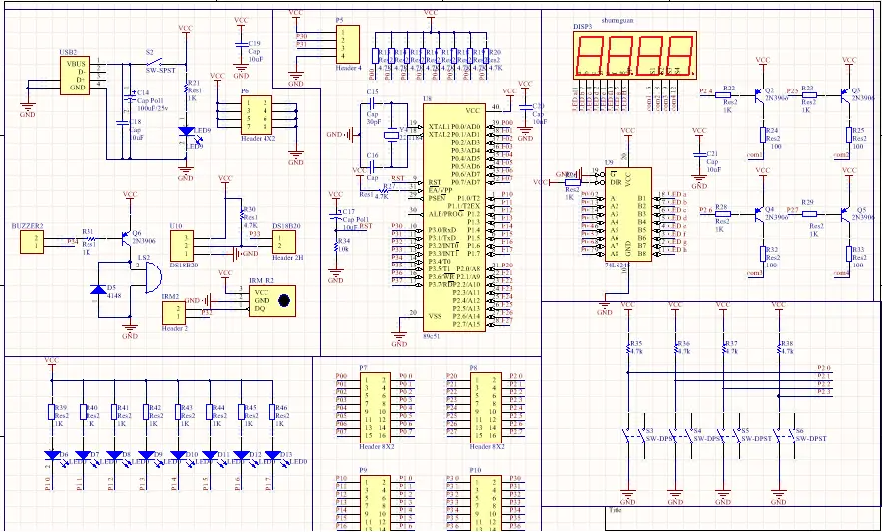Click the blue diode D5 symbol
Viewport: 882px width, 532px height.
point(97,290)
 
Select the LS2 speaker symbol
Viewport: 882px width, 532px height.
point(147,279)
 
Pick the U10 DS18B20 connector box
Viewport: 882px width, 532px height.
point(183,241)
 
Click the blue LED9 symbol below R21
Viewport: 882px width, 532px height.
point(185,131)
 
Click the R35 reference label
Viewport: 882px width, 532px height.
point(637,343)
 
